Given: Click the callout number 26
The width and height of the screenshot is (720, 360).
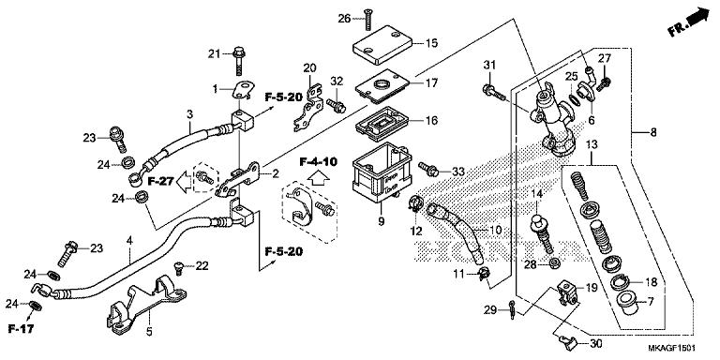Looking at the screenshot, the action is point(344,19).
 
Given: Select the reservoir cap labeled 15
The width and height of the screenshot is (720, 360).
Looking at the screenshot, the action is point(382,45).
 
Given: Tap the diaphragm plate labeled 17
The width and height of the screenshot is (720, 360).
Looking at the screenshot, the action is point(382,85).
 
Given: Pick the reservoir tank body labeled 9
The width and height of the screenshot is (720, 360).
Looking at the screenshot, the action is point(381,172).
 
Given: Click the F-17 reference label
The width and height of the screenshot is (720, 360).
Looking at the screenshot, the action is point(22,329).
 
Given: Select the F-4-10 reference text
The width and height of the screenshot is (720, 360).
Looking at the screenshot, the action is point(318,161).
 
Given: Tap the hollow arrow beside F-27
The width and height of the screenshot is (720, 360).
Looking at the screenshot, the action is point(184,180).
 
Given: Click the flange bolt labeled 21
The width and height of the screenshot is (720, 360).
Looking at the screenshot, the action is point(239,61).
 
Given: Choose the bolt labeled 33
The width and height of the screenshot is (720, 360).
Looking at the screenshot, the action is point(428,169).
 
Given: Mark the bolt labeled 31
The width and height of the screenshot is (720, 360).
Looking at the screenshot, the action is point(494,91).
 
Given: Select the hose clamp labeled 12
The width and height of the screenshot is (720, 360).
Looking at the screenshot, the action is point(414,202).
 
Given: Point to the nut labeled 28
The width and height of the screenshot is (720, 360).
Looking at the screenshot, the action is point(553,264).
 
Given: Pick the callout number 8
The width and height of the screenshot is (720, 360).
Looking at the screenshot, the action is point(652,133).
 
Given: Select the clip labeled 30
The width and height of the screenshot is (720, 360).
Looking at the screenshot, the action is point(567,341).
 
